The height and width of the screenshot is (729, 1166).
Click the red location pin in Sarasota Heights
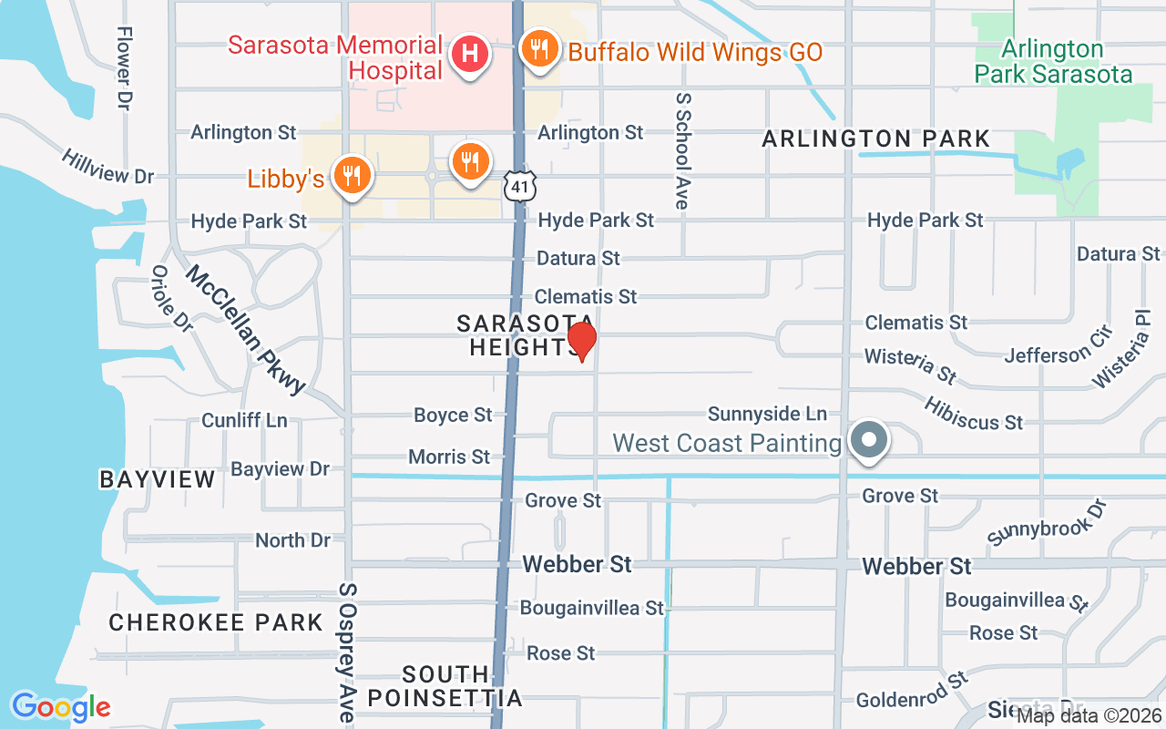pyautogui.click(x=581, y=342)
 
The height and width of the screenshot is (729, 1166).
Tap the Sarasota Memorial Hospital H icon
pyautogui.click(x=470, y=54)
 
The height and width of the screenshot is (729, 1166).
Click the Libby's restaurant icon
pyautogui.click(x=351, y=176)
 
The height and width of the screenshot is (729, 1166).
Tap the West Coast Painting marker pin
pyautogui.click(x=869, y=441)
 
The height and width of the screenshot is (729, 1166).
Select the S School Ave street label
pyautogui.click(x=681, y=150)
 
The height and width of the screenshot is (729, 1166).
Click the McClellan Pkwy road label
pyautogui.click(x=246, y=330)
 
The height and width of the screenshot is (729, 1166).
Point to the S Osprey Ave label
pyautogui.click(x=346, y=652)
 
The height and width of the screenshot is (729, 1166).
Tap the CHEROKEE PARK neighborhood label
pyautogui.click(x=216, y=623)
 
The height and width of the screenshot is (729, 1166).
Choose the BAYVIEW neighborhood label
pyautogui.click(x=158, y=479)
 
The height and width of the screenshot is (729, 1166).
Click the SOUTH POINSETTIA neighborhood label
pyautogui.click(x=445, y=687)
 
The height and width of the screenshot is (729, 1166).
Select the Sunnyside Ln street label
pyautogui.click(x=767, y=415)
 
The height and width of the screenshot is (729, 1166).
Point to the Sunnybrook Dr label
pyautogui.click(x=1046, y=522)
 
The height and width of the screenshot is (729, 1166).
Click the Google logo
pyautogui.click(x=60, y=706)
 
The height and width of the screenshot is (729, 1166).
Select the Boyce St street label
pyautogui.click(x=453, y=416)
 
